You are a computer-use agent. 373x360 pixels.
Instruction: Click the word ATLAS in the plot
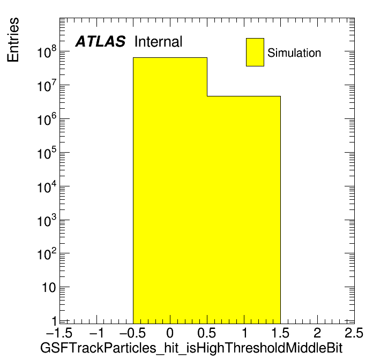[100, 41]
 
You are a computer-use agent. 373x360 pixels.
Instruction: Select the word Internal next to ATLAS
[159, 41]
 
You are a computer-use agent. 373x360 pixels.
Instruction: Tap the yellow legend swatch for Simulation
[255, 52]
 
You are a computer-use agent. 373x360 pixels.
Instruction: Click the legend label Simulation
[294, 52]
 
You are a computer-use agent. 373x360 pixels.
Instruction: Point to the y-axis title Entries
[13, 40]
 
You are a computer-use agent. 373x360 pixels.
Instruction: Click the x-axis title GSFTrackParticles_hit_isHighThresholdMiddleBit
[191, 348]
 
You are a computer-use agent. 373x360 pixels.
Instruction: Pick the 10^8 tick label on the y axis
[47, 51]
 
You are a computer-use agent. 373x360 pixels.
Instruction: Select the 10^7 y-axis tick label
[47, 85]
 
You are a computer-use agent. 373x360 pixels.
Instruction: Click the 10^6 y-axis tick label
[47, 119]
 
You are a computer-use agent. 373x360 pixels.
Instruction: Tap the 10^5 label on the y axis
[47, 153]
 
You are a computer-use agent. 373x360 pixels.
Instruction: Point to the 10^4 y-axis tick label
[47, 186]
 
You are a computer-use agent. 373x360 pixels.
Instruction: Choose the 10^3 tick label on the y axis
[47, 220]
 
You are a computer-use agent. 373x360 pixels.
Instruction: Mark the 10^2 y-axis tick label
[47, 254]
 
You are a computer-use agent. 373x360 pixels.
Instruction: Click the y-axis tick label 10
[49, 288]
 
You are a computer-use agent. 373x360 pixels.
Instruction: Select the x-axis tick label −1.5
[59, 333]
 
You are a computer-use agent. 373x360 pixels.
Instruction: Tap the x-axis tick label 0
[170, 333]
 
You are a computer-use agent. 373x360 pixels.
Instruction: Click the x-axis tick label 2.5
[354, 333]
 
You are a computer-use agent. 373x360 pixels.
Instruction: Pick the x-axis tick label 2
[317, 333]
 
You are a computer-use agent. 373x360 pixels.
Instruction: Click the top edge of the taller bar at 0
[170, 57]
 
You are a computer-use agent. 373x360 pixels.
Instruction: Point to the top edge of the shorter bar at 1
[244, 96]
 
